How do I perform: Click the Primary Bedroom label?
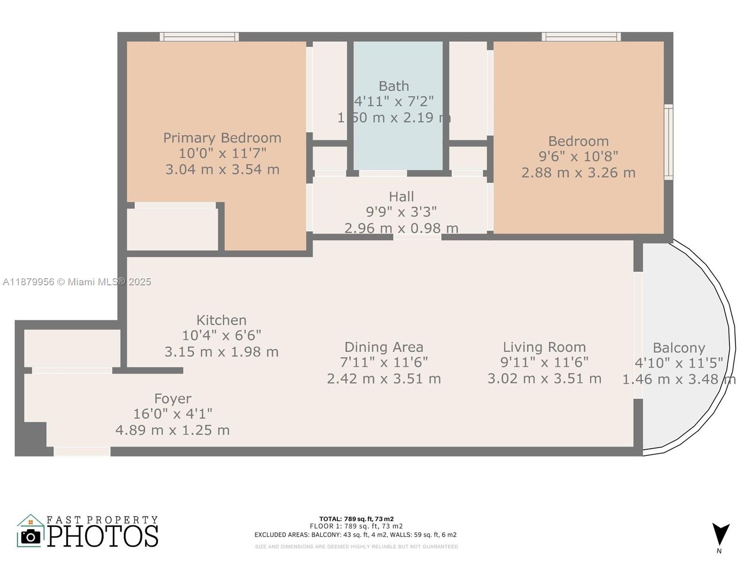(222, 138)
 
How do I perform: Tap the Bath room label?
(394, 86)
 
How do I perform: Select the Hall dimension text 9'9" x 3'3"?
(401, 212)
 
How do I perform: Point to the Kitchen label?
(221, 320)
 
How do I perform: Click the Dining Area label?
(384, 347)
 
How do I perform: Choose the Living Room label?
(544, 347)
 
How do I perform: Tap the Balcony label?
(679, 348)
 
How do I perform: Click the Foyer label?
(172, 399)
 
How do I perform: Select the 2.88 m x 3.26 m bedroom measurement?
(578, 172)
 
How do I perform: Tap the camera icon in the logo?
(31, 536)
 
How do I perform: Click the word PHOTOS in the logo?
(102, 536)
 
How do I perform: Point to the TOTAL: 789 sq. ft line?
(356, 519)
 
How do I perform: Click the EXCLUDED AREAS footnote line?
(355, 535)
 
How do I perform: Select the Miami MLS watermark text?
(77, 282)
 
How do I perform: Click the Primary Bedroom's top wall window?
(199, 37)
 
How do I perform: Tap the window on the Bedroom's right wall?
(668, 142)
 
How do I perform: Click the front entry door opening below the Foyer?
(82, 451)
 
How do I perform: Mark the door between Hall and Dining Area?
(417, 237)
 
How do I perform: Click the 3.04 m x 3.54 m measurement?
(222, 169)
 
